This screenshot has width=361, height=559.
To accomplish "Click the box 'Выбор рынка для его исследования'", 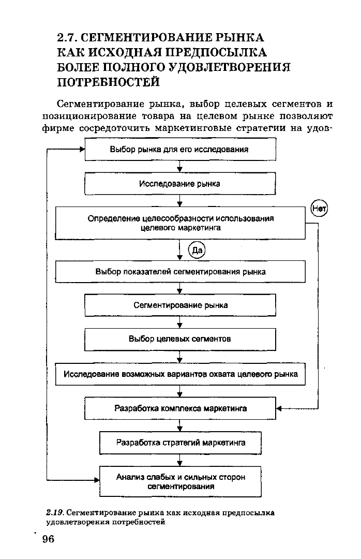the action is coord(180,150).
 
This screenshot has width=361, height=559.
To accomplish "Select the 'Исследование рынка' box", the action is coord(180,184).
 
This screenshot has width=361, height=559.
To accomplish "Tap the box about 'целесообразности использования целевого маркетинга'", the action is coord(180,223).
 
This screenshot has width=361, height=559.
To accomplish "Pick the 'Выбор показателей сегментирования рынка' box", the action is coord(180,272).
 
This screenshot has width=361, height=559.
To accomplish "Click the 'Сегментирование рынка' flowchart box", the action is coord(180,305).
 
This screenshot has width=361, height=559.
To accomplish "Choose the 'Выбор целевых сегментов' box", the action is coord(180,339).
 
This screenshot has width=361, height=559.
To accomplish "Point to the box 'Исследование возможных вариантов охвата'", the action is coord(180,374).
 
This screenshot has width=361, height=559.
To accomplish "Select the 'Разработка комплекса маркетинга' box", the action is coord(180,408).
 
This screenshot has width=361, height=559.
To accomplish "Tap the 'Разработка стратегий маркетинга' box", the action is coord(180,443).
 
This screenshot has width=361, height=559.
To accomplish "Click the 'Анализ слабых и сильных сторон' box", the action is coord(180,482).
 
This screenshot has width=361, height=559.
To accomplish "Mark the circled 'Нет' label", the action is coord(319,209).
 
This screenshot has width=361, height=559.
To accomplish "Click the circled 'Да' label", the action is coord(197,250).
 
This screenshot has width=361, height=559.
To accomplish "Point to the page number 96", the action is coord(48,539).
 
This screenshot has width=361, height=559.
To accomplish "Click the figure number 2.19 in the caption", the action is coord(55,512).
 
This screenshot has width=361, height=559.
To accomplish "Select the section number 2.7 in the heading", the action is coord(67,37).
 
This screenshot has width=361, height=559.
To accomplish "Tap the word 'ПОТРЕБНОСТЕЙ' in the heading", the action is coord(108,82).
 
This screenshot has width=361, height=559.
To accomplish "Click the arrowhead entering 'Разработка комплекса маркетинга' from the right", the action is coord(279,408).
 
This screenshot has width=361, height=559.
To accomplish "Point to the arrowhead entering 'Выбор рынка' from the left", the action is coord(82,150).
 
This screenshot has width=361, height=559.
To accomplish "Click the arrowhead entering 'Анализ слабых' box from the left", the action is coord(97,480).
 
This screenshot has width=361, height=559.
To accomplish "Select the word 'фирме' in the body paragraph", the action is coord(58,128).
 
